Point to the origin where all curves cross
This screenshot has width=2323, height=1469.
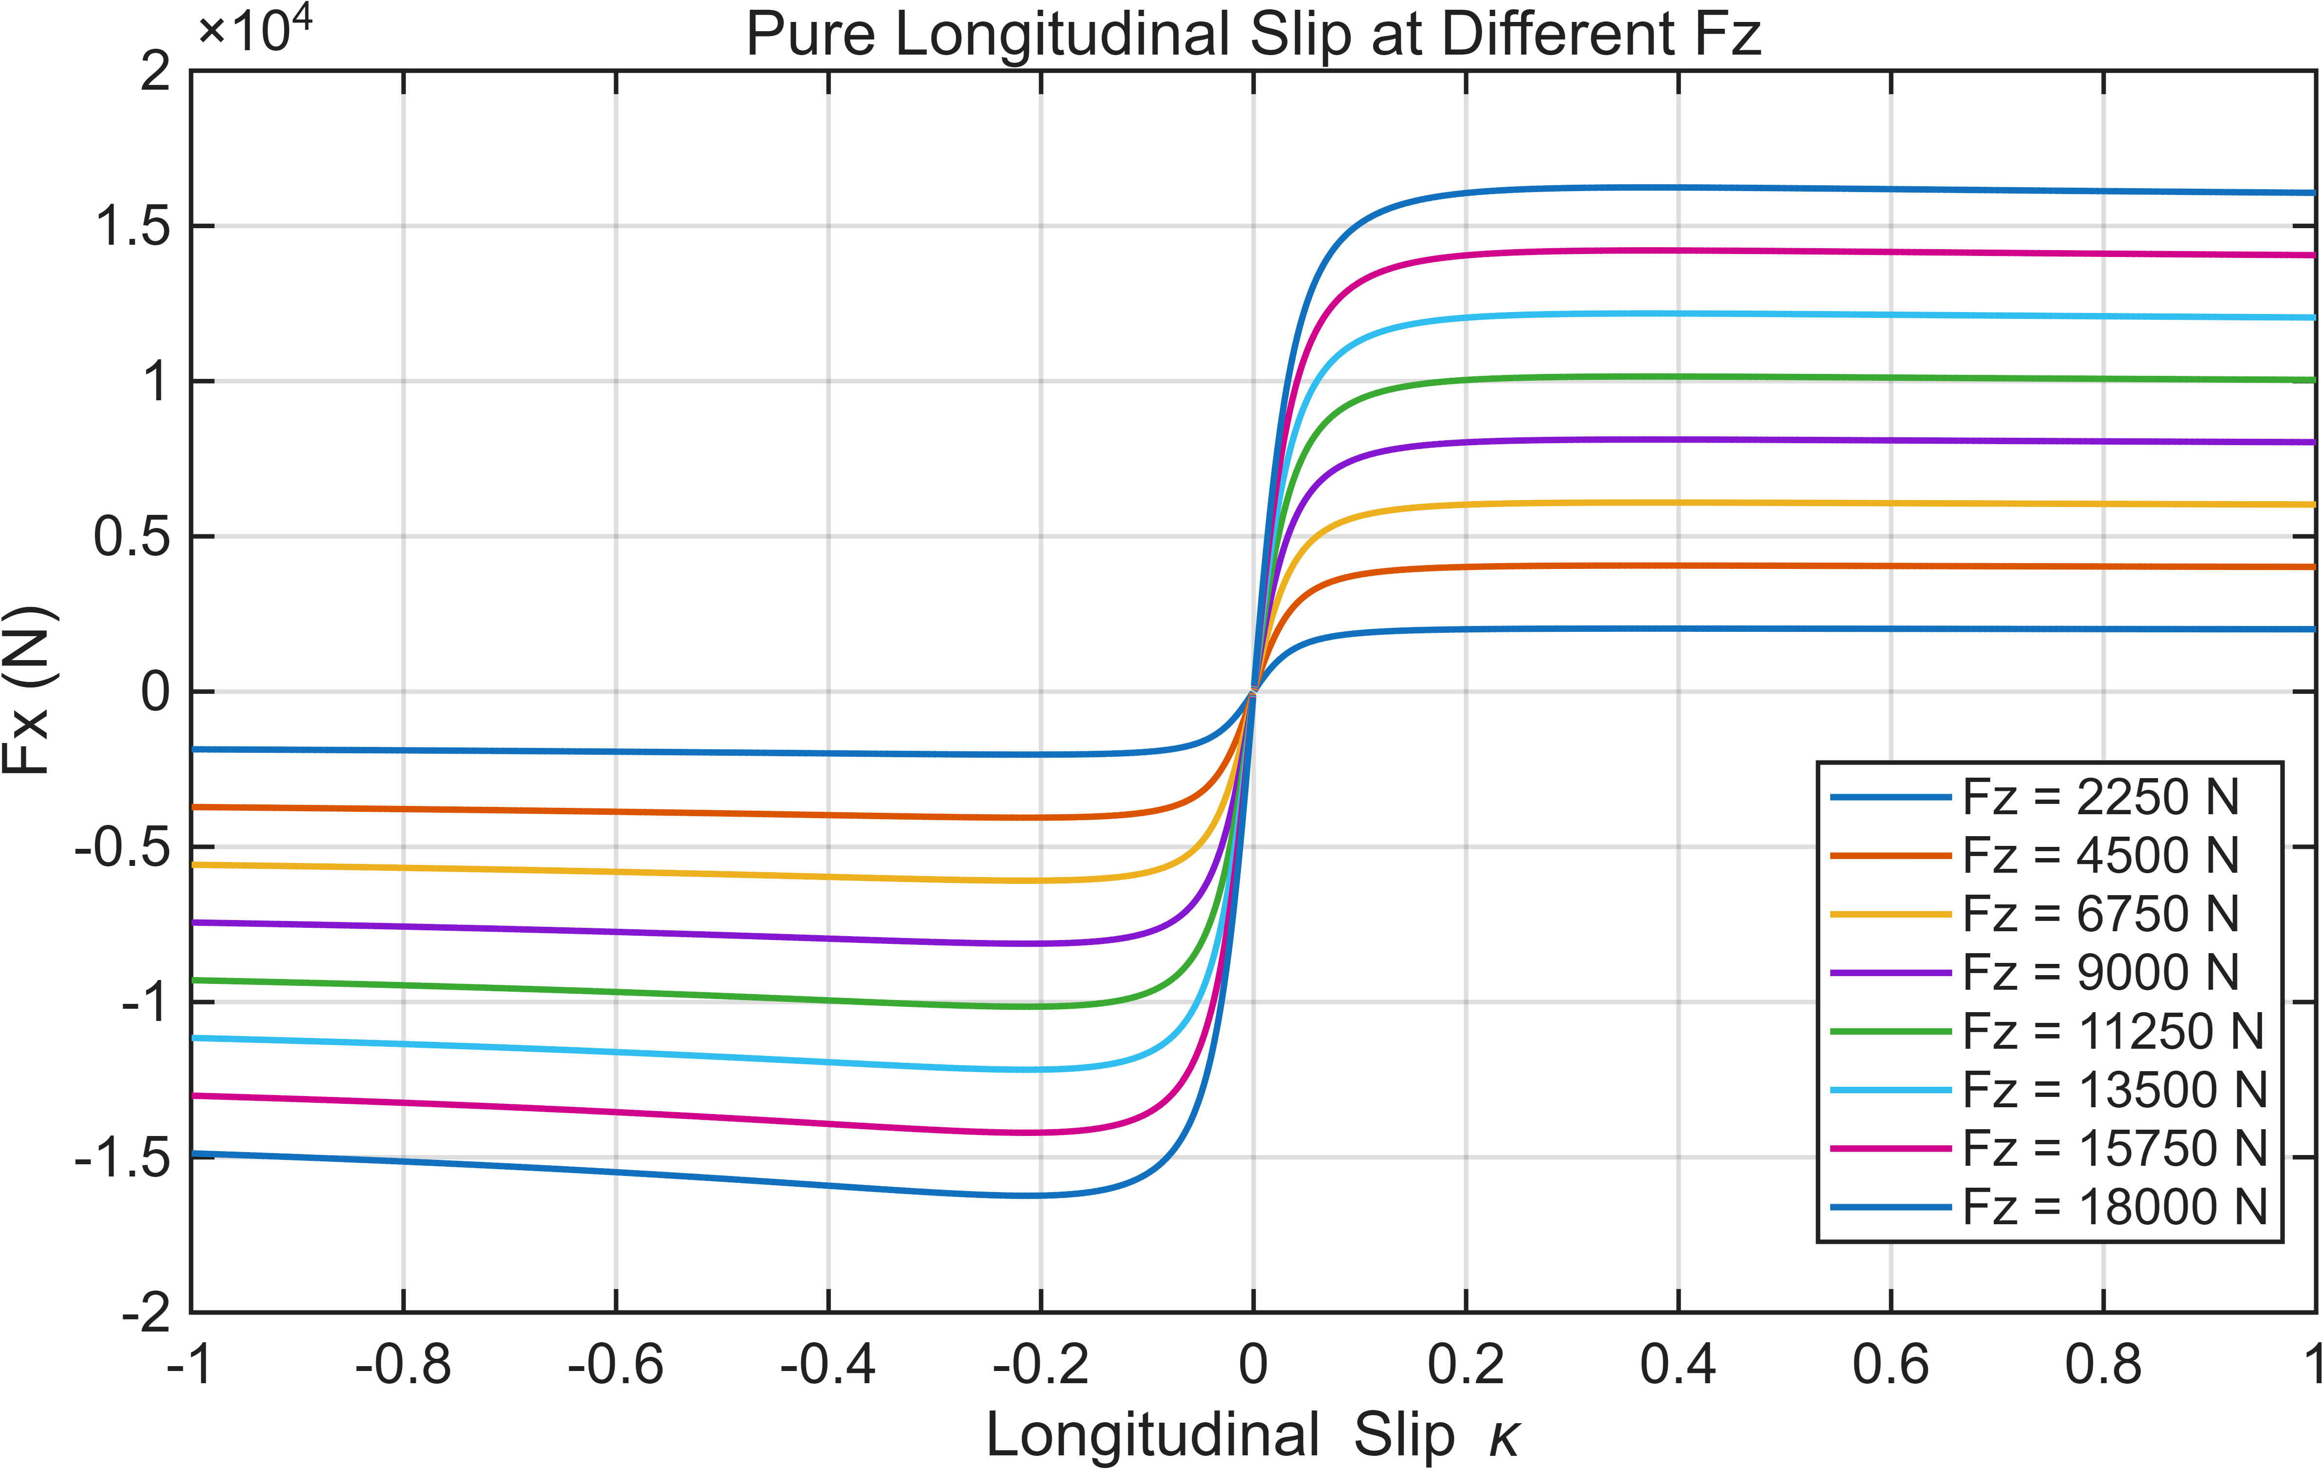(1253, 691)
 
